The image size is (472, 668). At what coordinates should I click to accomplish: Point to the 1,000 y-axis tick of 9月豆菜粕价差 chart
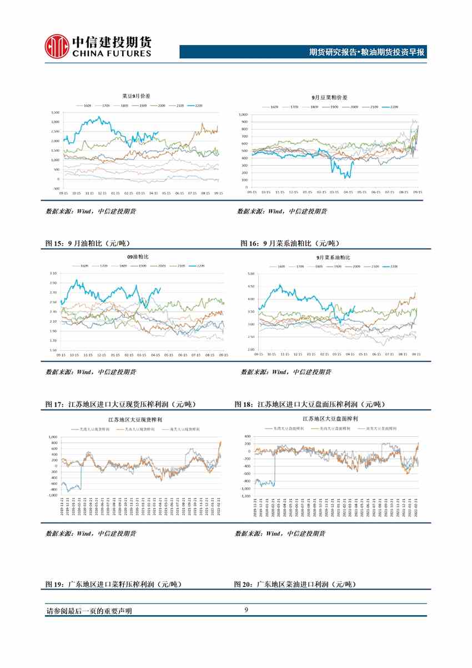coord(243,114)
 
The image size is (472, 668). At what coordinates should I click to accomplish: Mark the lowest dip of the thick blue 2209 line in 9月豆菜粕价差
coord(345,177)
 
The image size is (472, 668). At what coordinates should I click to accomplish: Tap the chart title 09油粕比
coord(134,257)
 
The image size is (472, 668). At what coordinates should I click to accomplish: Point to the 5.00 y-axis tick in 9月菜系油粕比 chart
coord(250,274)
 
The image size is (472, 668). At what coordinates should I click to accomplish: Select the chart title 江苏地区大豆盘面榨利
coord(330,417)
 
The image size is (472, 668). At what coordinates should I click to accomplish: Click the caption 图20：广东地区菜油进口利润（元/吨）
coord(295,584)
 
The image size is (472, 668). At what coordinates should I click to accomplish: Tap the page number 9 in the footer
coord(246,611)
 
